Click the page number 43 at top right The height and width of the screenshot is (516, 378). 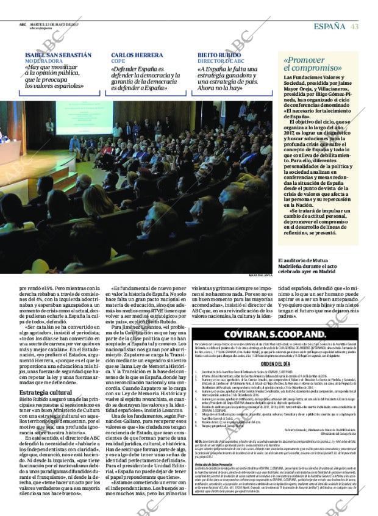pyautogui.click(x=354, y=26)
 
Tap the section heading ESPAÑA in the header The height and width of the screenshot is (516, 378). pyautogui.click(x=330, y=26)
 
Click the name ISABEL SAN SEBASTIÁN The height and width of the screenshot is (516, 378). pyautogui.click(x=59, y=55)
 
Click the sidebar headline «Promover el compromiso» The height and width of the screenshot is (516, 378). pyautogui.click(x=312, y=64)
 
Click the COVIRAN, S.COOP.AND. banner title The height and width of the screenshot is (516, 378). pyautogui.click(x=269, y=334)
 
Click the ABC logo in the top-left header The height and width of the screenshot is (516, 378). pyautogui.click(x=22, y=25)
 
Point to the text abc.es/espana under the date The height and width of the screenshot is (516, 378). pyautogui.click(x=40, y=29)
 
